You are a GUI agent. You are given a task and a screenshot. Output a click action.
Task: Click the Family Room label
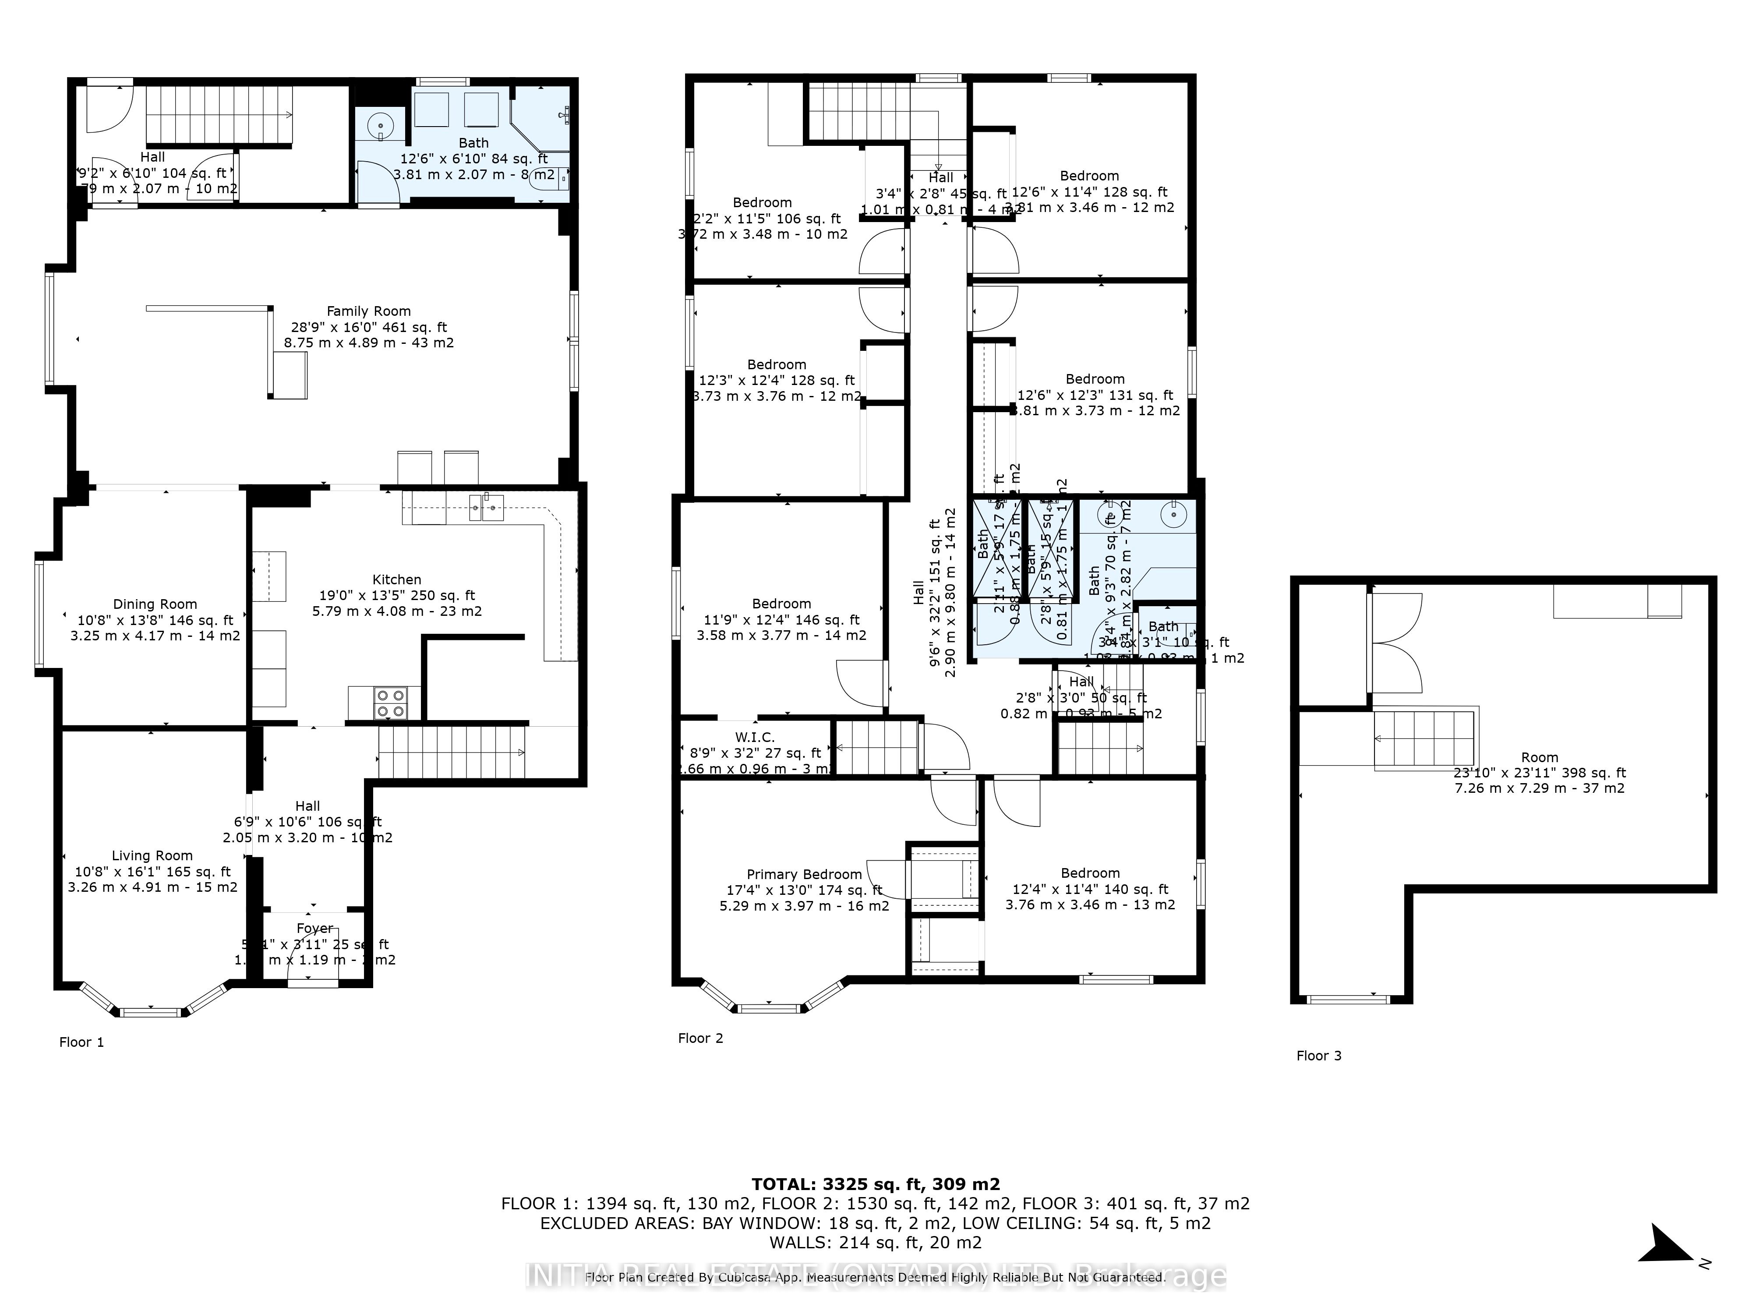pyautogui.click(x=369, y=312)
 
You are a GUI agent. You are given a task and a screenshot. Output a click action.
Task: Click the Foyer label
pyautogui.click(x=314, y=928)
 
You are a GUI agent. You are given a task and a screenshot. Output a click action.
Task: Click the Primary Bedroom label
pyautogui.click(x=804, y=874)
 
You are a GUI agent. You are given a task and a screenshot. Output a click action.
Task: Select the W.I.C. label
pyautogui.click(x=755, y=738)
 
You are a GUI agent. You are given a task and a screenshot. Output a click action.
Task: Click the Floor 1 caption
pyautogui.click(x=81, y=1042)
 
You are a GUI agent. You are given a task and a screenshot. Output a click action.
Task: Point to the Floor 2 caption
pyautogui.click(x=700, y=1038)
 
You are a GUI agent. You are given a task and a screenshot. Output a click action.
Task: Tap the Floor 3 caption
pyautogui.click(x=1319, y=1056)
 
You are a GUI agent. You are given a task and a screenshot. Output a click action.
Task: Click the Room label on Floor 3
pyautogui.click(x=1539, y=758)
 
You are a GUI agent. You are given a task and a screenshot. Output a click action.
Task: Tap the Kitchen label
pyautogui.click(x=397, y=580)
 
